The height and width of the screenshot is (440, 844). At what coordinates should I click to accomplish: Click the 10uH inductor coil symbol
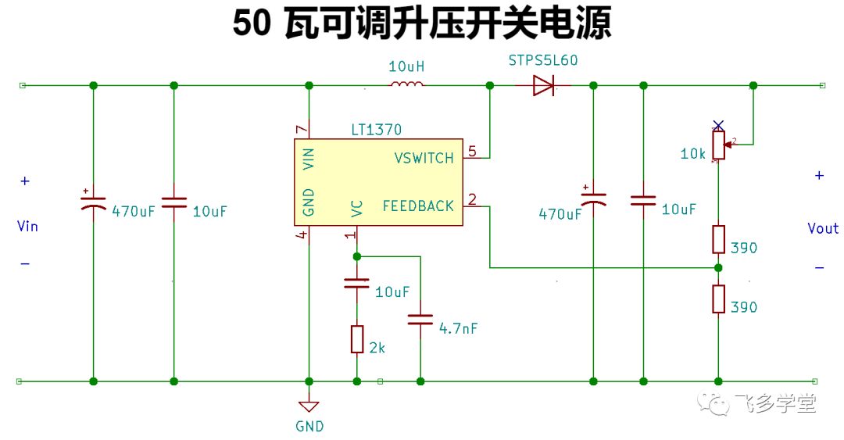point(406,84)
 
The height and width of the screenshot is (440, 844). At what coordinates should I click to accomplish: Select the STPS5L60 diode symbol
point(543,85)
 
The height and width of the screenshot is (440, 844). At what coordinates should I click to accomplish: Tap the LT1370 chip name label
point(376,130)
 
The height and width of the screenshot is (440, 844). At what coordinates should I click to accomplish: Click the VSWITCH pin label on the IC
point(424,158)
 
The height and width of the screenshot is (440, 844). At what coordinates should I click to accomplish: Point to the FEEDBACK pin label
point(418,206)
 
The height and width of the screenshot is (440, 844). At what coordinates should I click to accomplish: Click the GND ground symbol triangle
point(309,406)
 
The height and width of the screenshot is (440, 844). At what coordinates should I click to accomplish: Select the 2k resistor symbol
point(357,339)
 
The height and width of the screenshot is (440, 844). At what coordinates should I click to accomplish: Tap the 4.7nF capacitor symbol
point(420,320)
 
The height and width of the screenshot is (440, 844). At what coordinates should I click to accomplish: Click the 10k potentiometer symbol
point(719,145)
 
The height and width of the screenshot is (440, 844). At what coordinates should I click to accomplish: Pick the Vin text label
point(27,226)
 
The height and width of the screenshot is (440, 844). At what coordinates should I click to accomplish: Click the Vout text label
point(823,228)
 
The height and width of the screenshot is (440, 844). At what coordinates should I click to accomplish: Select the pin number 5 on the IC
point(472,152)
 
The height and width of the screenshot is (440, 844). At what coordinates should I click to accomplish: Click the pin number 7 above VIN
point(302,129)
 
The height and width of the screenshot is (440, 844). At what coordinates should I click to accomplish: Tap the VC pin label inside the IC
point(356,209)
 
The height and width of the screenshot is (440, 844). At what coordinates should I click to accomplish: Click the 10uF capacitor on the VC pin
point(356,283)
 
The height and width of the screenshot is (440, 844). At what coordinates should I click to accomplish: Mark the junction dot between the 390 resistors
point(718,267)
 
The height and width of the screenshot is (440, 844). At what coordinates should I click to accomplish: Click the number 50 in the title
point(252,23)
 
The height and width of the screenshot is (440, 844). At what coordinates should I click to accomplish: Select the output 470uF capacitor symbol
point(593,198)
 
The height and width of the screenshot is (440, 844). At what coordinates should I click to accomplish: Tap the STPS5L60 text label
point(543,60)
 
